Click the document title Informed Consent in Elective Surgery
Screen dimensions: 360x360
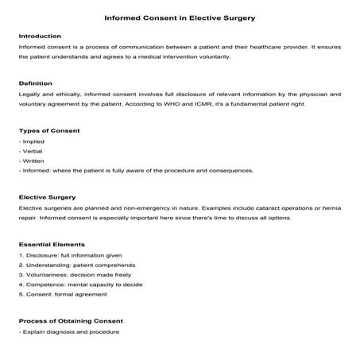coord(180,17)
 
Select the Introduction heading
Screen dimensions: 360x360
coord(39,37)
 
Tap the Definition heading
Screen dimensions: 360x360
coord(35,83)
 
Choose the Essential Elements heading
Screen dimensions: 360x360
coord(52,243)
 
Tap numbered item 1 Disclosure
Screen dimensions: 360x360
coord(56,254)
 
